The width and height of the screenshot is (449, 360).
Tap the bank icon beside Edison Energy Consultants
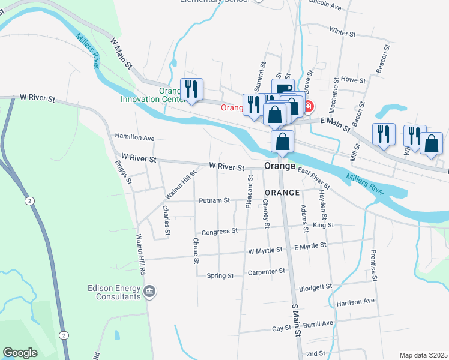[x=149, y=292]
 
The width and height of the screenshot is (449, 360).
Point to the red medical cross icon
[x=309, y=106]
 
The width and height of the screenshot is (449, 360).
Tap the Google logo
[x=20, y=353]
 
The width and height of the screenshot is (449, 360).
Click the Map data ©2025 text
[x=423, y=355]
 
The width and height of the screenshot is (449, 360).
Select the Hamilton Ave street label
[x=134, y=137]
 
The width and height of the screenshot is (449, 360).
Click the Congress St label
[x=215, y=232]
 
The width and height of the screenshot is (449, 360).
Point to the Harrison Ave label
[x=356, y=301]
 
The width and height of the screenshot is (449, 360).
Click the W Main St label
[x=121, y=53]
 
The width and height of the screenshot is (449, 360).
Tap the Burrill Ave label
[x=318, y=323]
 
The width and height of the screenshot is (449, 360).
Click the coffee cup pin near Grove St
[x=283, y=89]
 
